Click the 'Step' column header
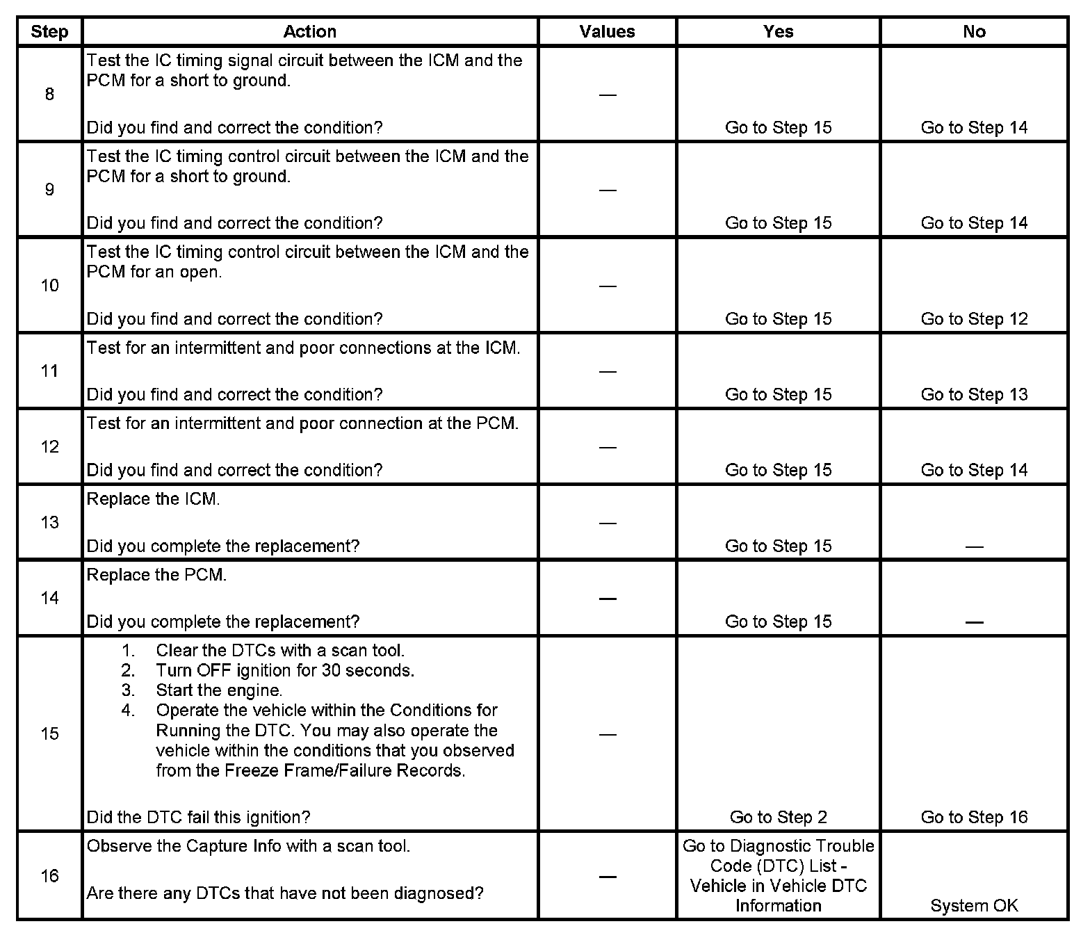(49, 32)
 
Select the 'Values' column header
(607, 32)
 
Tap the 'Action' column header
(309, 32)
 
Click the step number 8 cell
(49, 95)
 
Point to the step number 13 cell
(49, 523)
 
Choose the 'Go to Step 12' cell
(974, 319)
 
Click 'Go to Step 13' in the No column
(974, 395)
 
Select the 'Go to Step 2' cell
(778, 818)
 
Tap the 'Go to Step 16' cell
(974, 818)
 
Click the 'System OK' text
(974, 906)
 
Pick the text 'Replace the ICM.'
(153, 500)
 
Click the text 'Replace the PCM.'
(156, 576)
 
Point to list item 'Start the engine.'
(219, 690)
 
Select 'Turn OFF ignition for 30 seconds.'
(285, 671)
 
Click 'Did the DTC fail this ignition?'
(198, 818)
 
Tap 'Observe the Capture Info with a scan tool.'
(248, 847)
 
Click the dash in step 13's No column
(974, 547)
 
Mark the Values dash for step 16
(607, 877)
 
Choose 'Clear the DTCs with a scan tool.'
(280, 651)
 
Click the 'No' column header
(974, 32)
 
